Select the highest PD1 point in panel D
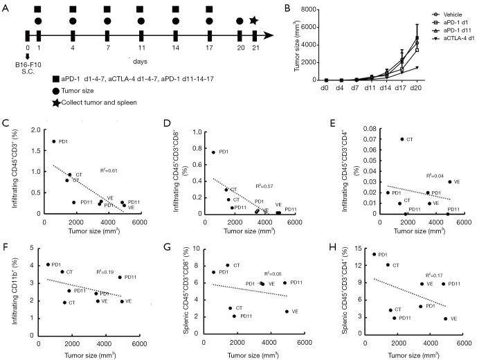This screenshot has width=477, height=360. (x=213, y=152)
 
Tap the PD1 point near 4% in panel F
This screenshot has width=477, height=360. (x=48, y=264)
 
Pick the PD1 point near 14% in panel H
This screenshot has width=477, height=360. (x=375, y=254)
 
